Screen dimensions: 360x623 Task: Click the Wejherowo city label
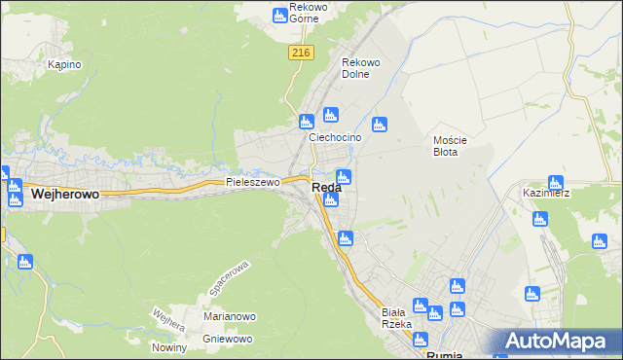(x=66, y=195)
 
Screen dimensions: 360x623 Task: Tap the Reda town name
(x=326, y=188)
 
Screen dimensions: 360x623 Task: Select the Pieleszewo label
(x=252, y=182)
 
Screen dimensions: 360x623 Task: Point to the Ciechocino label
(x=335, y=137)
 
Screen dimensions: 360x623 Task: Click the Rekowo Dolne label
(x=360, y=68)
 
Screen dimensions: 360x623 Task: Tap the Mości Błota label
(x=451, y=146)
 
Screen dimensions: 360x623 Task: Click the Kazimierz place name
(x=546, y=193)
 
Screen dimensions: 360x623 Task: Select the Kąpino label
(x=64, y=65)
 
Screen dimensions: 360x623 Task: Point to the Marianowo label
(x=229, y=316)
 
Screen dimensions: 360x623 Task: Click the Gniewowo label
(x=228, y=339)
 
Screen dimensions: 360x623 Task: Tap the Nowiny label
(x=169, y=348)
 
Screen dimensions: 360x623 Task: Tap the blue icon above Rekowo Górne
(x=280, y=15)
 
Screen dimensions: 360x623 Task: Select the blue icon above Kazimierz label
(x=556, y=182)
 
